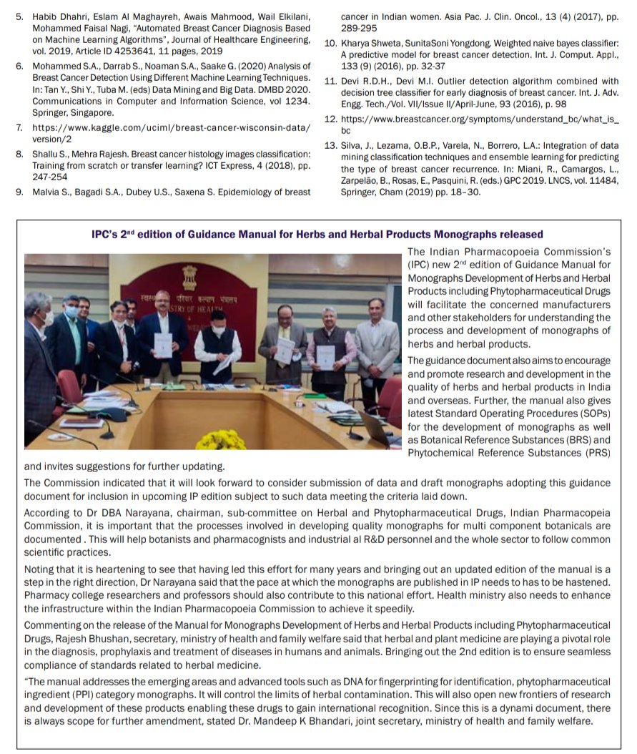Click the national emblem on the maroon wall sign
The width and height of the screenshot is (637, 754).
(190, 274)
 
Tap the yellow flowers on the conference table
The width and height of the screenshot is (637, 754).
(231, 438)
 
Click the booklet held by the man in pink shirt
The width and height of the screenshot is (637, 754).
(325, 356)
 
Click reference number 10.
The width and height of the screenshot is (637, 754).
(330, 44)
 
